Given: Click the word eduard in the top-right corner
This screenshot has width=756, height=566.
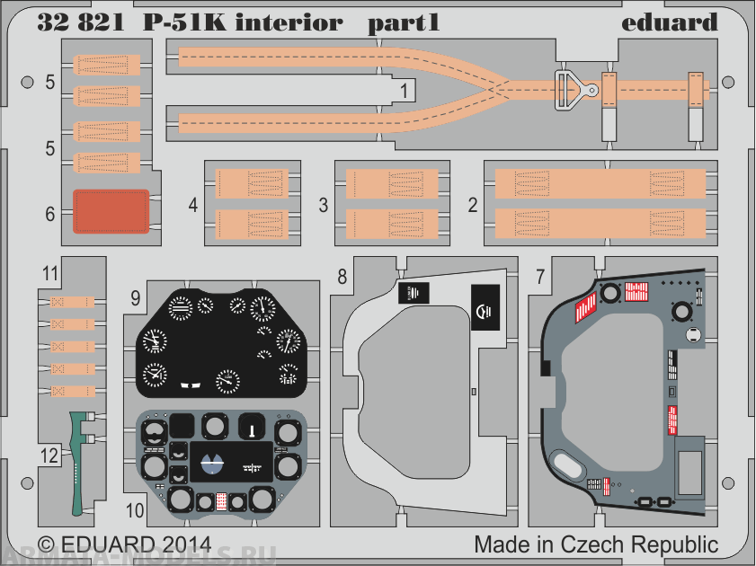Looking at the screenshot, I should pyautogui.click(x=670, y=22).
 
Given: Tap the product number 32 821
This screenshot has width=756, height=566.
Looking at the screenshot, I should pyautogui.click(x=78, y=22).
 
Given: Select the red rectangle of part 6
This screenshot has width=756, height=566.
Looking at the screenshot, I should pyautogui.click(x=111, y=211).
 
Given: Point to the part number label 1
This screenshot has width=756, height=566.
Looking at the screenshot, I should pyautogui.click(x=405, y=91).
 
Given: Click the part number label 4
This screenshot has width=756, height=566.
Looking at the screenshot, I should pyautogui.click(x=193, y=205).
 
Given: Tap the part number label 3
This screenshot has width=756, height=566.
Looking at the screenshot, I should pyautogui.click(x=323, y=205).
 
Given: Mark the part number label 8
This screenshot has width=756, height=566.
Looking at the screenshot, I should pyautogui.click(x=342, y=278).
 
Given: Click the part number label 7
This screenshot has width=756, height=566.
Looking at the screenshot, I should pyautogui.click(x=538, y=278).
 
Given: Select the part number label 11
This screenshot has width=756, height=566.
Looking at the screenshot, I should pyautogui.click(x=50, y=271).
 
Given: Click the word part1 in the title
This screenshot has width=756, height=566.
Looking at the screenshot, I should pyautogui.click(x=404, y=22).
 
